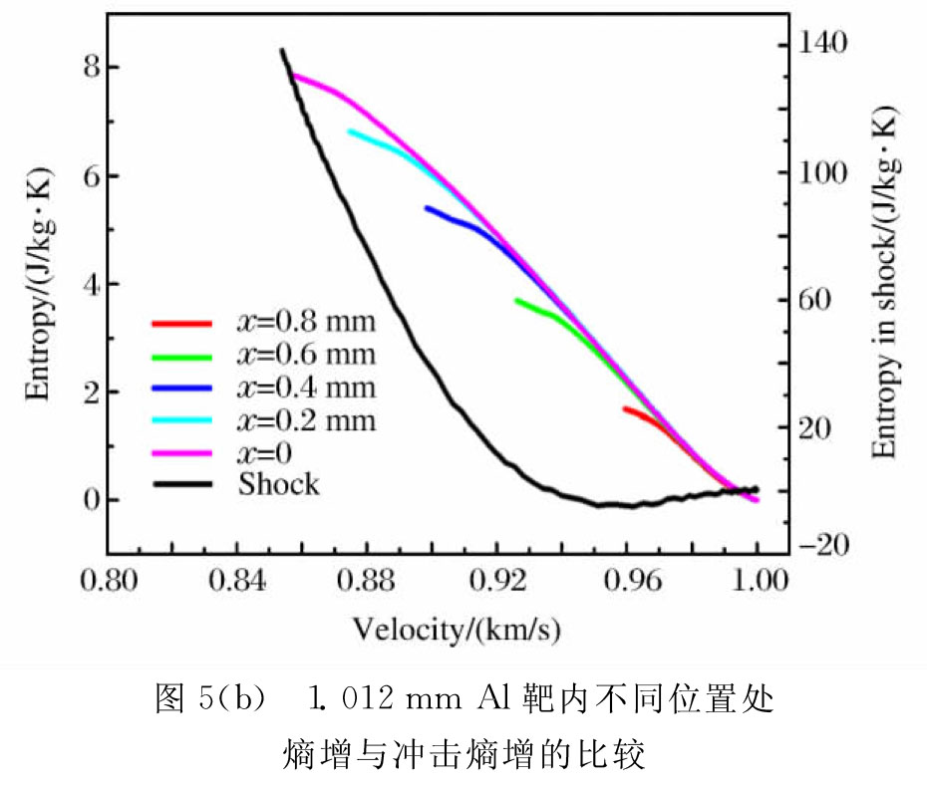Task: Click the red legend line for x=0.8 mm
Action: (x=181, y=323)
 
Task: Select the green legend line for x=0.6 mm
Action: (x=181, y=356)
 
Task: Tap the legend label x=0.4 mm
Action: (x=306, y=387)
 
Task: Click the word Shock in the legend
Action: (x=279, y=484)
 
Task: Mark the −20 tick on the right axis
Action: (x=827, y=545)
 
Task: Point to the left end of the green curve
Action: (x=516, y=300)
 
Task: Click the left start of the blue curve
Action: (x=427, y=208)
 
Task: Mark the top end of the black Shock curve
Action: (x=282, y=51)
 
